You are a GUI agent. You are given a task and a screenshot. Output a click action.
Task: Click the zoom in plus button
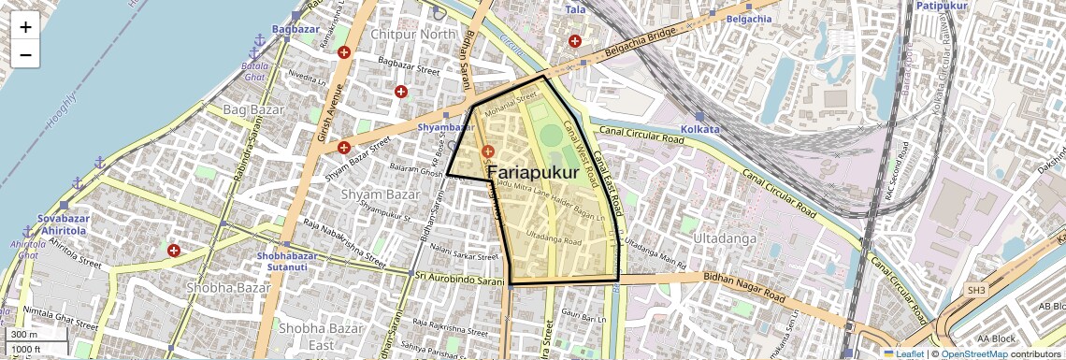coord(25,27)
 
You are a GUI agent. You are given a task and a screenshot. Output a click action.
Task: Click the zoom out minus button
coord(25,55)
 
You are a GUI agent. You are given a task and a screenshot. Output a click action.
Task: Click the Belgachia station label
coord(749,18)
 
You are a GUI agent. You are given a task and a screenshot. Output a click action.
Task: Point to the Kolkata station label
coord(700,128)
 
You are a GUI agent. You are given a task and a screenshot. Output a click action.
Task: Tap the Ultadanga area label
coord(724,239)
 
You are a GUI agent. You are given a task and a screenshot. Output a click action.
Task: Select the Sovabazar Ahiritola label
coord(63,225)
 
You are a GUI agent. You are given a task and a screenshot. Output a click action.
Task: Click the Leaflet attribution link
coord(903,353)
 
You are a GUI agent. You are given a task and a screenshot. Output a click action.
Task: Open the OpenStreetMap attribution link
coord(974,353)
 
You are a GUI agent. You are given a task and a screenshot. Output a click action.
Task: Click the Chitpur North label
coord(412,35)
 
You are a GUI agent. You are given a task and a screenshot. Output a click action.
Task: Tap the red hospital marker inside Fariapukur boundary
coord(486,151)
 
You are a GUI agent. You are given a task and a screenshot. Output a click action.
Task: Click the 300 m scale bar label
coord(24,335)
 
